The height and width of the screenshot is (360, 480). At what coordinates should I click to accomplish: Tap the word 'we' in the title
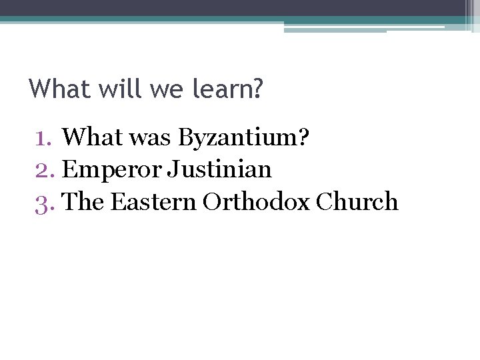tap(159, 89)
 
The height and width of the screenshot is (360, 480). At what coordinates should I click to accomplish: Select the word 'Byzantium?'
tap(243, 138)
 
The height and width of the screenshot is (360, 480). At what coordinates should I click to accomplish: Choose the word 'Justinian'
tap(219, 170)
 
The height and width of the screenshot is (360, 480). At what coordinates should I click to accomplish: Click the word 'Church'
tap(357, 201)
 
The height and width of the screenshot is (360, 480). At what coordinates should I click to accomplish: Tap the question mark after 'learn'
tap(258, 89)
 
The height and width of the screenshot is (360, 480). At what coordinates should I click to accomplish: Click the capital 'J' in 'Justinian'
tap(172, 170)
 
